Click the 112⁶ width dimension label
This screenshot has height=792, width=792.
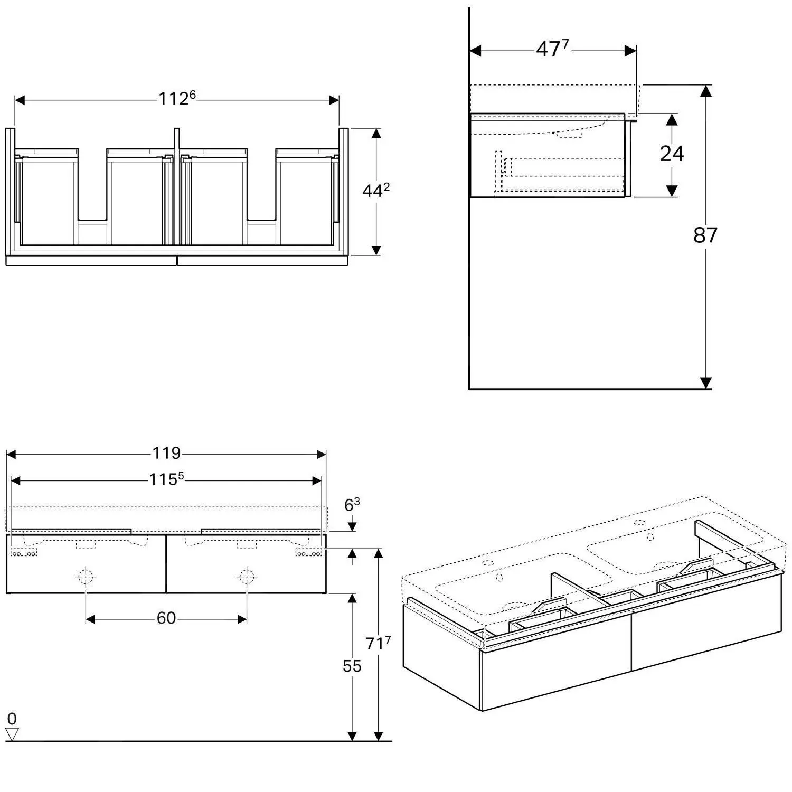(177, 98)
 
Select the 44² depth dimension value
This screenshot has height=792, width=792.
(375, 191)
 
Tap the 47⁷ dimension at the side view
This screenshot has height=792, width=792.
(552, 49)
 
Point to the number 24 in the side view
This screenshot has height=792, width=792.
(672, 154)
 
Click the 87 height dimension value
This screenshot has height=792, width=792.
(705, 235)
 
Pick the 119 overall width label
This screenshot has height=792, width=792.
(166, 453)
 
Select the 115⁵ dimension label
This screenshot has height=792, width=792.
(166, 479)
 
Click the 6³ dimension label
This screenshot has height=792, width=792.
(352, 505)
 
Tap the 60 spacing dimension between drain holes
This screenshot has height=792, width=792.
(166, 618)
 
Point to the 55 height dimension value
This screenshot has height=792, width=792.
(352, 666)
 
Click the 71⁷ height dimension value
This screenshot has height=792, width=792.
(378, 643)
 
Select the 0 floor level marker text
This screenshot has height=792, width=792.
(12, 718)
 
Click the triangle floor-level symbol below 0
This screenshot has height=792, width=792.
(12, 734)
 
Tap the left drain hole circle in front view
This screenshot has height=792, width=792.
(86, 576)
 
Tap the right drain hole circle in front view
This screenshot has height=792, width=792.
(246, 576)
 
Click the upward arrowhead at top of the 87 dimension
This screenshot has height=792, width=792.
(705, 91)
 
